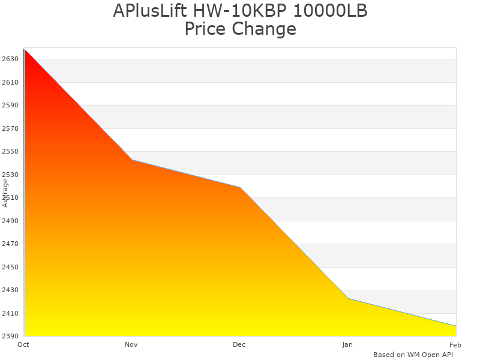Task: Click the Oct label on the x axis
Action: point(23,344)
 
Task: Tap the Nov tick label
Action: point(131,344)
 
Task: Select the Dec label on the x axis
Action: point(239,344)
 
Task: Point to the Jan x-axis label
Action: point(347,344)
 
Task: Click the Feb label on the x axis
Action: point(455,344)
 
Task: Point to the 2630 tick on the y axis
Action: point(11,59)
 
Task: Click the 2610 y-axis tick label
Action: point(11,82)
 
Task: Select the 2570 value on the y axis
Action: point(11,128)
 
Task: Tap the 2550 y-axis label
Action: point(11,151)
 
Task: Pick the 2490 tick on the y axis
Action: point(11,221)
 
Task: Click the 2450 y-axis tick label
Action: point(11,267)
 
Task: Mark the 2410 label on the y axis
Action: point(11,313)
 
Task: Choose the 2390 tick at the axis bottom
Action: point(11,336)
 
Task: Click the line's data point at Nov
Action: point(132,160)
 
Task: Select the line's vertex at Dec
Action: point(240,187)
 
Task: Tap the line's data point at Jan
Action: point(348,298)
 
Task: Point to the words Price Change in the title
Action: point(240,29)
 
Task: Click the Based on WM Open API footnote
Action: point(413,355)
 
